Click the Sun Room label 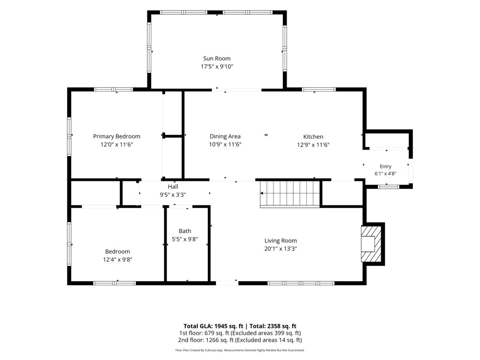coord(217,59)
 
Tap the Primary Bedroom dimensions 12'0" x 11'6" coord(117,144)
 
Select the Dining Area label coord(225,136)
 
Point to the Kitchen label coord(313,137)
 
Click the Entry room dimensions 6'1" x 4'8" coord(385,174)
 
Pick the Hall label coord(173,187)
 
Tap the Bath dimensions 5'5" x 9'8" coord(185,239)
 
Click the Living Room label coord(281,240)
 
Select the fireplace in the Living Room coord(372,244)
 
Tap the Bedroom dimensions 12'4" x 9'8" coord(118,260)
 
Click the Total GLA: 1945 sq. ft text coord(214,326)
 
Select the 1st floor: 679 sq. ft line coord(240,333)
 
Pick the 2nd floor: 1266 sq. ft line coord(240,340)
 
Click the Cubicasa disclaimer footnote coord(240,350)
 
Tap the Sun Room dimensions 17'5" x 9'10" coord(217,66)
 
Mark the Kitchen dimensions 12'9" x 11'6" coord(313,145)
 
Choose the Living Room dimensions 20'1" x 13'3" coord(281,249)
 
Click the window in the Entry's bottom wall coord(388,186)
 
